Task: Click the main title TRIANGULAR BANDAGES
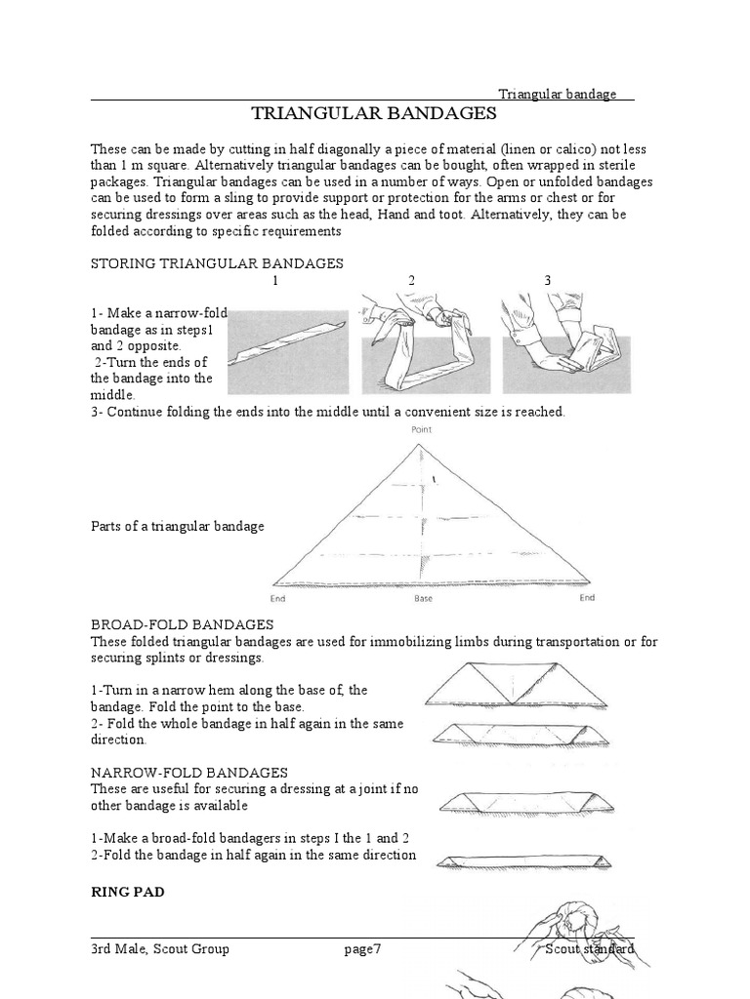click(x=374, y=113)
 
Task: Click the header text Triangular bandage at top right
click(x=558, y=94)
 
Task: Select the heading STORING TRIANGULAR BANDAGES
click(x=217, y=263)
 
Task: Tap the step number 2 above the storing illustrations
click(x=411, y=281)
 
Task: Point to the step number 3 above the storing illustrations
click(x=548, y=281)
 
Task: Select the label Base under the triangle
click(x=423, y=598)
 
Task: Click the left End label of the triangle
click(x=277, y=598)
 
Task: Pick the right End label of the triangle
click(x=586, y=598)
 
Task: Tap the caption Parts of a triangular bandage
click(x=178, y=527)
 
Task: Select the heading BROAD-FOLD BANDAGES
click(x=182, y=624)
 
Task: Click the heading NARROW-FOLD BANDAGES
click(x=188, y=773)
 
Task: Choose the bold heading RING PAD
click(x=128, y=892)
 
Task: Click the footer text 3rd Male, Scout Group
click(x=160, y=948)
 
